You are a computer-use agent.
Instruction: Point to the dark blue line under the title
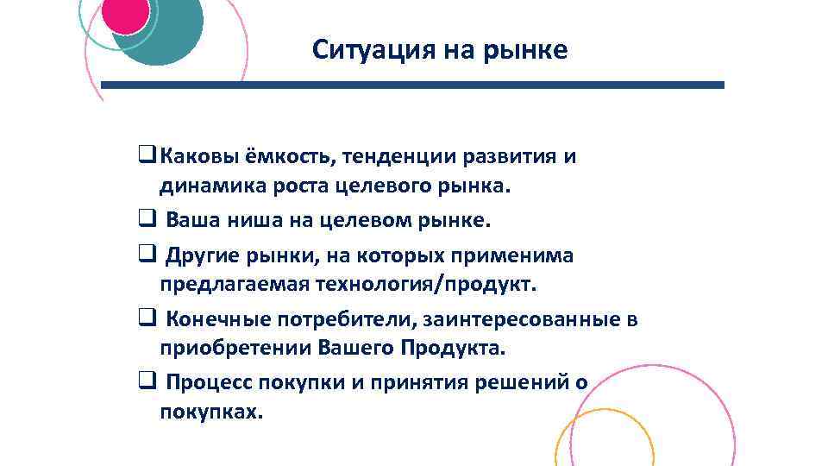pos(414,85)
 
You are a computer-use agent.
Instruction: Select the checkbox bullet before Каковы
pos(145,157)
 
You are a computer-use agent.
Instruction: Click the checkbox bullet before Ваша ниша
pos(145,219)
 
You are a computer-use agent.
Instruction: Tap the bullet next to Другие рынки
pos(145,255)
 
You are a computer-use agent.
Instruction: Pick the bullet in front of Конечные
pos(145,319)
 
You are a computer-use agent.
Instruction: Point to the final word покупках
pos(210,412)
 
